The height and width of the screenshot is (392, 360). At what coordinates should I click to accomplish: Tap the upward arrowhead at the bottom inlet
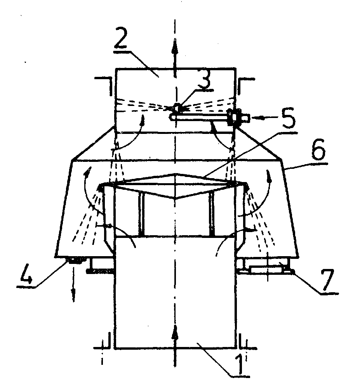coord(175,332)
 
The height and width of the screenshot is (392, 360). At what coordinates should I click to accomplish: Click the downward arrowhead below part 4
coord(73,296)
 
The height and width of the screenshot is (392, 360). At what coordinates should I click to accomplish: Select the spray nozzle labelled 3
coord(177,108)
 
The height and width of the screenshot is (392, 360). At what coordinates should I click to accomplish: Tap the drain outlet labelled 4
coord(76,260)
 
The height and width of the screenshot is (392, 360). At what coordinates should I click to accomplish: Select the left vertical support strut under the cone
coord(142,214)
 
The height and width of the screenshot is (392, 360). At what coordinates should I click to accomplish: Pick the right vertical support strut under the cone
coord(212,214)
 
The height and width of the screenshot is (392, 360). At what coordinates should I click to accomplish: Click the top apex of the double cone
coord(176,173)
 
